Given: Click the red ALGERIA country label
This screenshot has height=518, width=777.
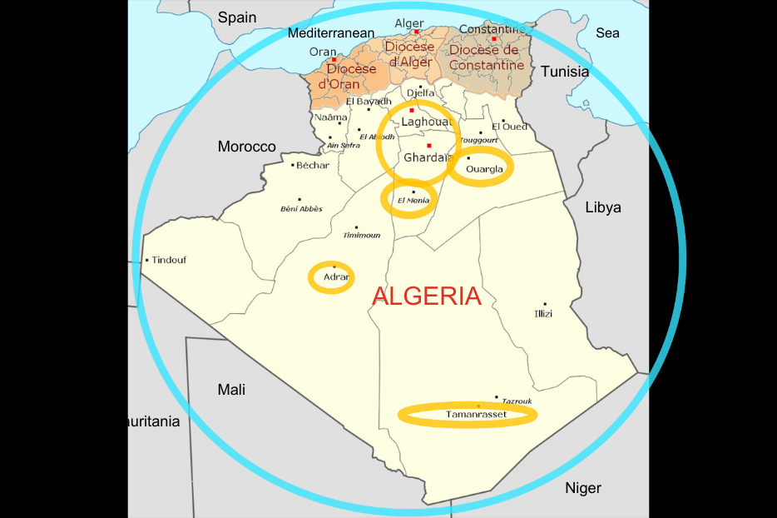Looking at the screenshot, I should point(426,296).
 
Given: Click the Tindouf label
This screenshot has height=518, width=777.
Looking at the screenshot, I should point(169,260).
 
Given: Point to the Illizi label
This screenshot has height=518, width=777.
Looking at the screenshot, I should point(543,314).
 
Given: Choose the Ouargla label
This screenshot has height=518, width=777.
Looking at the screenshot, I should point(485,170).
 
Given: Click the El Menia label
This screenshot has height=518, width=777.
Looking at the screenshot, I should point(413,201).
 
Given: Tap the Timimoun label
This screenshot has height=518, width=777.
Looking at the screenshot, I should point(362,236).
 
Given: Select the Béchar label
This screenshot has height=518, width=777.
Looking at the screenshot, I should point(313,165).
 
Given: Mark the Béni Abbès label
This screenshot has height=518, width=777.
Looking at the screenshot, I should point(302,208).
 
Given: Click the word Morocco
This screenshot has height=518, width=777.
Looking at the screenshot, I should point(246,147).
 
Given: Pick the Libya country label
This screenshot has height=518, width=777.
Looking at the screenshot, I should point(603,207).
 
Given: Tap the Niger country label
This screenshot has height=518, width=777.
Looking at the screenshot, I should point(583,488).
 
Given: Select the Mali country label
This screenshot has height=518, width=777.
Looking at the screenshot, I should point(231,390).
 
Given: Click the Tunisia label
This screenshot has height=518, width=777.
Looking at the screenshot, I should point(565,72).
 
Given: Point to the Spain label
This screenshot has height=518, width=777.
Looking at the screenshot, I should point(238,17).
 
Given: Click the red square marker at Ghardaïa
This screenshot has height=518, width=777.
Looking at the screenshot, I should point(429,146).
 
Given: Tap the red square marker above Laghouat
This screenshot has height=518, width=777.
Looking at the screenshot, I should point(412,110).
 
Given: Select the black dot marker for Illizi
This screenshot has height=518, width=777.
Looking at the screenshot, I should point(545,304).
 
